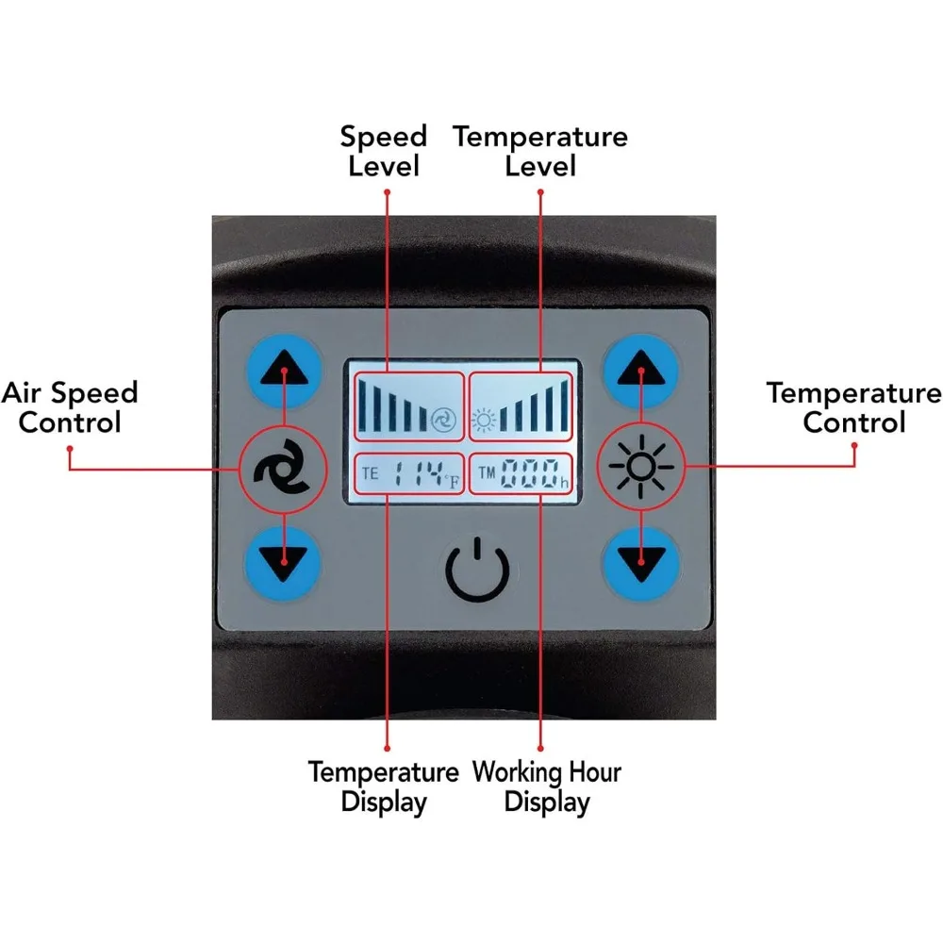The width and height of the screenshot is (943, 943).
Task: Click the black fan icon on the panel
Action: (x=282, y=466)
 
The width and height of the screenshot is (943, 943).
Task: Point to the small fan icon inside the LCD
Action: (x=441, y=420)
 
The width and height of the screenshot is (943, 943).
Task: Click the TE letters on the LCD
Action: (x=370, y=472)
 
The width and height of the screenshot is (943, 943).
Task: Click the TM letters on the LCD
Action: (x=487, y=472)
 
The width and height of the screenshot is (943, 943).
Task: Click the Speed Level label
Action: (x=384, y=151)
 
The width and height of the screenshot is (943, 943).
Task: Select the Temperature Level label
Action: (x=540, y=151)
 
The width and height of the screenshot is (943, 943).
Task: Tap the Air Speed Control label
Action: (x=70, y=407)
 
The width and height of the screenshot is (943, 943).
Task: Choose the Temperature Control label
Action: (x=853, y=407)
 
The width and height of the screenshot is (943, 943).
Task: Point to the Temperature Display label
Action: (x=384, y=787)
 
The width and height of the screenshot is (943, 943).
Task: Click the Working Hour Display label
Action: (x=547, y=787)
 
